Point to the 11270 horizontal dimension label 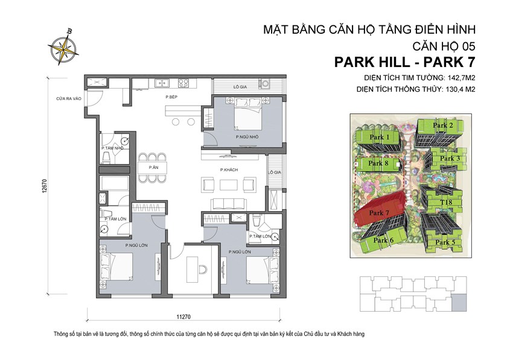[x=183, y=315]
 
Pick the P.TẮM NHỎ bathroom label [x=113, y=147]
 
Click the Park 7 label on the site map [x=379, y=213]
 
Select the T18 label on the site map [x=447, y=202]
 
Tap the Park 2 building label [x=444, y=125]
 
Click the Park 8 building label [x=378, y=163]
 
